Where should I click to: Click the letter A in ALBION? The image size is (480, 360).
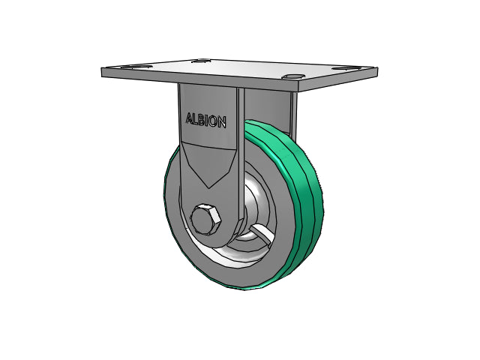pyautogui.click(x=190, y=118)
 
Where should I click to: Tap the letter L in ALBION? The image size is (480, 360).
pyautogui.click(x=196, y=119)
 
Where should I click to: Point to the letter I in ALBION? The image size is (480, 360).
pyautogui.click(x=208, y=121)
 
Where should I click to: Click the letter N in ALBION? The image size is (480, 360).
pyautogui.click(x=222, y=121)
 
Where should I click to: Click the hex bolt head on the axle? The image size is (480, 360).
pyautogui.click(x=205, y=220)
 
